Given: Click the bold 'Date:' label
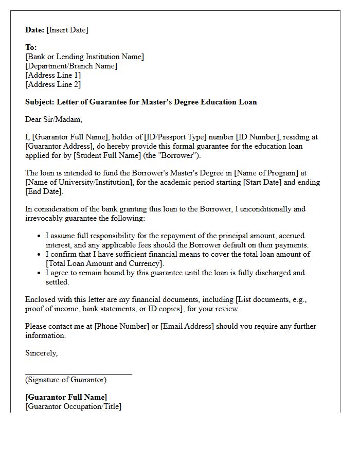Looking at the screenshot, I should pos(35,30).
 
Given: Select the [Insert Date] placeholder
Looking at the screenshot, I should pos(67,30).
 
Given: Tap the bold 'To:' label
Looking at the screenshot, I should pos(31,47).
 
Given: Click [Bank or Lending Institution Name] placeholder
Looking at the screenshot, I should pos(84,57).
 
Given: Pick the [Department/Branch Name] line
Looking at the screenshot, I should pos(71,66).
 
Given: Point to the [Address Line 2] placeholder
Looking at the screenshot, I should pos(53,84).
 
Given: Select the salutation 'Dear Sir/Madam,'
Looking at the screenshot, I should pos(53,119).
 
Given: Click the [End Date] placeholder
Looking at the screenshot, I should pos(44,191).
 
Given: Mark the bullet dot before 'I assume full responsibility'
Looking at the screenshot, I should pos(39,236).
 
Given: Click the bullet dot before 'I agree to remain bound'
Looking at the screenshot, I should pos(39,273).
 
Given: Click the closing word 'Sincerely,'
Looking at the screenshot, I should pos(42,353).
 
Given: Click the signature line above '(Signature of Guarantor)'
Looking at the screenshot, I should pos(79,374).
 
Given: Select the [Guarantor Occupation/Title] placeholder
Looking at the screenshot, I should pos(73,406).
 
